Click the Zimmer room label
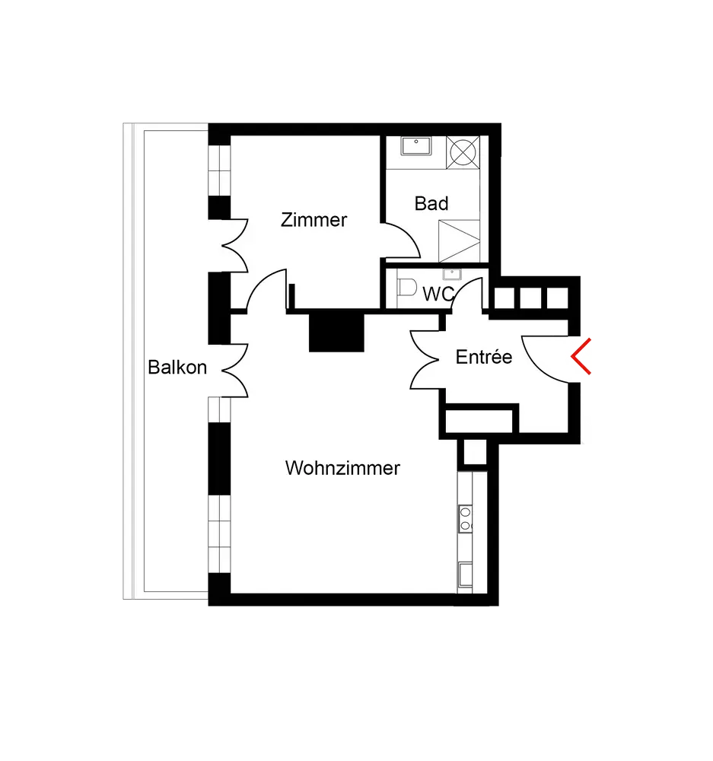[x=314, y=221]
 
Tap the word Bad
[x=431, y=204]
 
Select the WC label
[x=438, y=295]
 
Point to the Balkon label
[x=177, y=368]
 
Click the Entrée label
[x=484, y=357]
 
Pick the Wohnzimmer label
[x=342, y=468]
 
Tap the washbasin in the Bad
[x=415, y=145]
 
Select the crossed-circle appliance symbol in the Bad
[x=463, y=151]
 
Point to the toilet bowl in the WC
[x=407, y=289]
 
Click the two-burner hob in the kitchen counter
[x=464, y=517]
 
